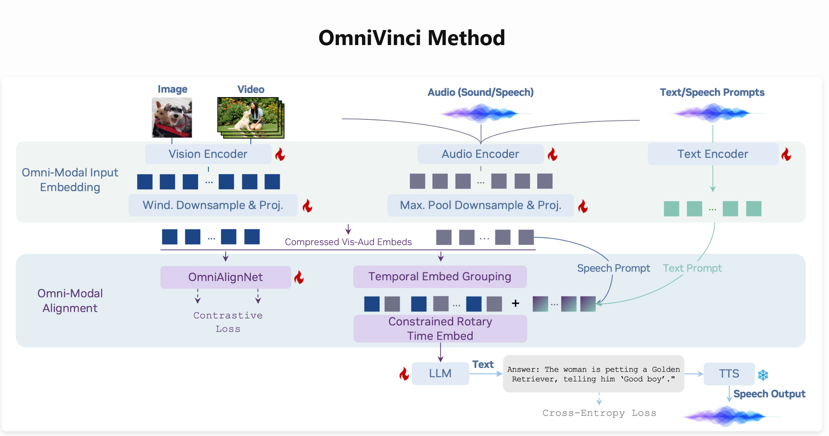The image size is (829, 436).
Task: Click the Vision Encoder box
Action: tap(208, 154)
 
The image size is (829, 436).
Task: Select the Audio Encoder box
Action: tap(480, 154)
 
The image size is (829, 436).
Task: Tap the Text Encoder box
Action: tap(713, 154)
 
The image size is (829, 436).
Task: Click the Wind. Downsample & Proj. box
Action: tap(213, 205)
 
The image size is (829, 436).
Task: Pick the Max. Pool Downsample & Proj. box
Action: tap(480, 205)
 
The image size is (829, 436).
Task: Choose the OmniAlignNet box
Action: tap(226, 277)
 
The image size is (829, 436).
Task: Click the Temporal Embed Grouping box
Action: tap(440, 277)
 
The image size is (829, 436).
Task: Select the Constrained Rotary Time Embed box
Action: tap(440, 329)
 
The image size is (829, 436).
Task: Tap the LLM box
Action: tap(440, 374)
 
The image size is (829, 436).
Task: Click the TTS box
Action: tap(729, 374)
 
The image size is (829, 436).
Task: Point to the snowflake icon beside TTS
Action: tap(763, 375)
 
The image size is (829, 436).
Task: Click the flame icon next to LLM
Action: tap(404, 374)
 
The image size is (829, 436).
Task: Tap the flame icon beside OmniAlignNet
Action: tap(299, 277)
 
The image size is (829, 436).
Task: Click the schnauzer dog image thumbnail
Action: tap(172, 118)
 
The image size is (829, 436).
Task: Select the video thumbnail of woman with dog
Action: tap(250, 118)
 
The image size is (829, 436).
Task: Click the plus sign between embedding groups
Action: tap(516, 303)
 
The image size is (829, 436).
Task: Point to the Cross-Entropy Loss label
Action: tap(599, 413)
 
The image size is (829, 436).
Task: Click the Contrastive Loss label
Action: tap(228, 322)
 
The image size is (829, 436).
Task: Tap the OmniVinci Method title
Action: tap(412, 38)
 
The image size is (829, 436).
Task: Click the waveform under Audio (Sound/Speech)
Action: tap(480, 113)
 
